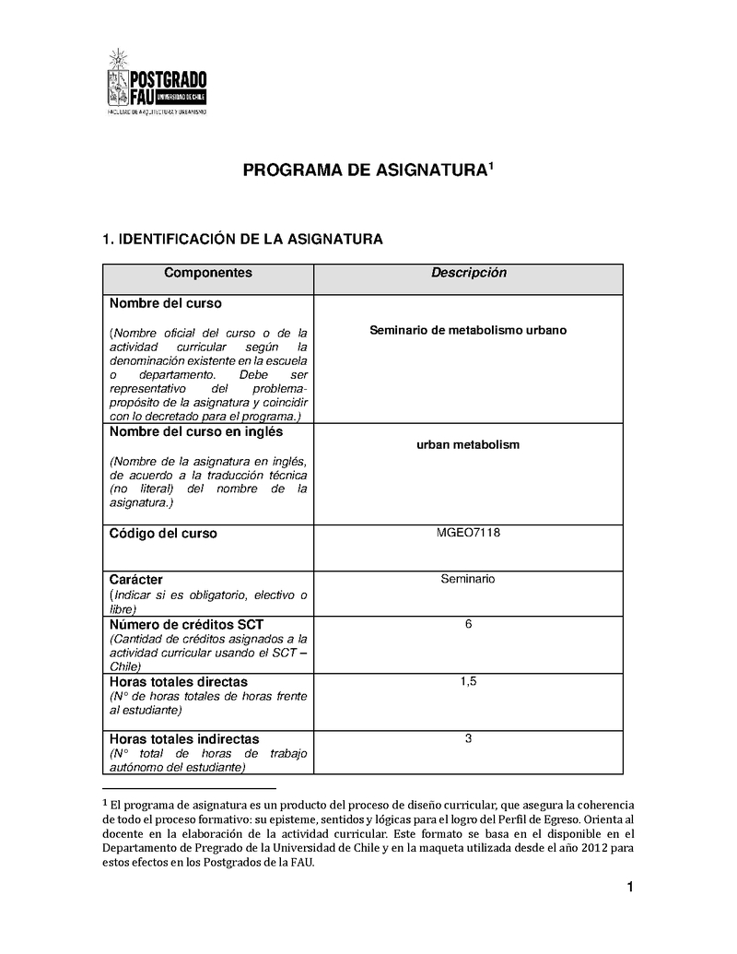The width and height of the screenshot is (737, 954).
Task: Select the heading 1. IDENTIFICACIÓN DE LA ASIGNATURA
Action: tap(241, 240)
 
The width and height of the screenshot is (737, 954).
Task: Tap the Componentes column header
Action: tap(207, 274)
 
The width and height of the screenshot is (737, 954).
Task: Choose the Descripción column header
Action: tap(468, 274)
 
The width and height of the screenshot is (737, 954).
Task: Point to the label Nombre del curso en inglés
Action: tap(196, 432)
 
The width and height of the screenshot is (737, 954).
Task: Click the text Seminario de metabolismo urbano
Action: tap(468, 329)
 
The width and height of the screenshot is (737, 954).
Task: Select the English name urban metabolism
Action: tap(468, 444)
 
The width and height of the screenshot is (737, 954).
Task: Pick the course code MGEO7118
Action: tap(468, 533)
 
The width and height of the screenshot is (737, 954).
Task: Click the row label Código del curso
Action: tap(163, 534)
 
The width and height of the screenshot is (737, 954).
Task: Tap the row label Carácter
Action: tap(136, 580)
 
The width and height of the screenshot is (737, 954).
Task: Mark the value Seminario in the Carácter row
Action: tap(468, 579)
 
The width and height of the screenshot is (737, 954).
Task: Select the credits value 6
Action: tap(468, 625)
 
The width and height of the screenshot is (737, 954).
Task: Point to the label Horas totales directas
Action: tap(178, 682)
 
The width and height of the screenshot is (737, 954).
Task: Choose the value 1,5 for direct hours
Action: tap(468, 682)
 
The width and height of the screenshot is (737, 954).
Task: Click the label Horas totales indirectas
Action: tap(184, 739)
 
